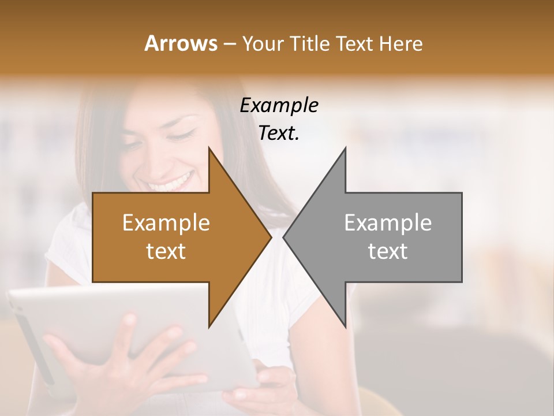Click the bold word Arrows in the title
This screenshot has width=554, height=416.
(x=181, y=43)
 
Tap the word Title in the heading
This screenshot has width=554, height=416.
(x=312, y=43)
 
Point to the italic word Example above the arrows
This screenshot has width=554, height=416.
(x=279, y=106)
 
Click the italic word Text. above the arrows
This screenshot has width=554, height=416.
(x=279, y=133)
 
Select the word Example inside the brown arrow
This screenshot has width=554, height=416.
(x=166, y=223)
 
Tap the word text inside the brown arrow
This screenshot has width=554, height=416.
(x=166, y=251)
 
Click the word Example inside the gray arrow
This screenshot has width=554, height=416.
(x=388, y=223)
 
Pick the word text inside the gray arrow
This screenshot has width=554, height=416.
(x=388, y=251)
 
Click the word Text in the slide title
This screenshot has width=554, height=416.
(x=354, y=43)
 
